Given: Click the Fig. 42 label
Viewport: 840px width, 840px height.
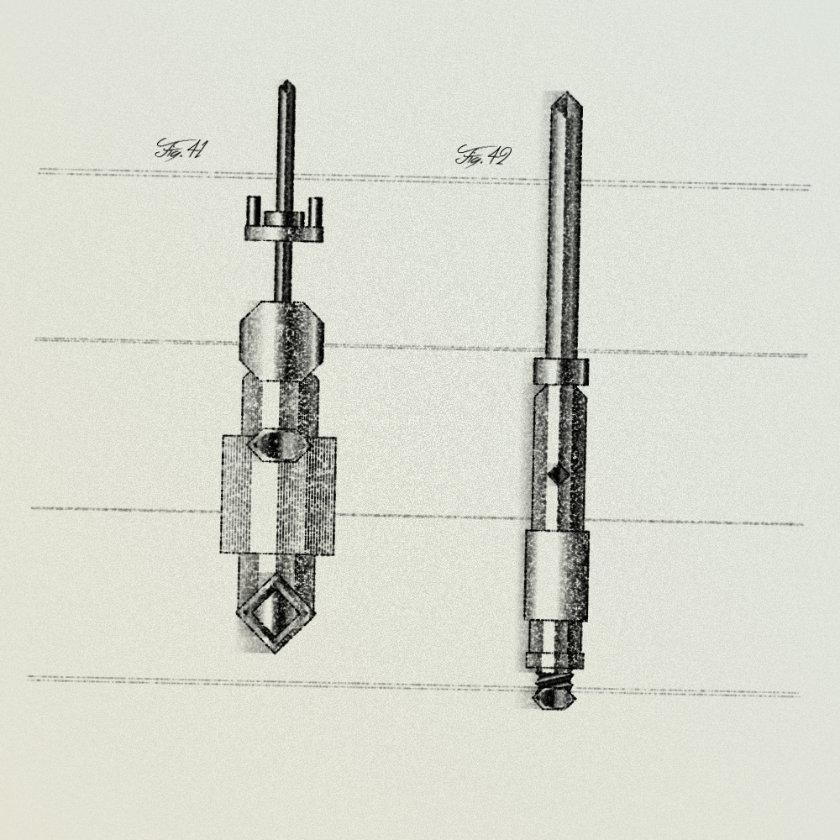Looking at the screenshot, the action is coord(483,156).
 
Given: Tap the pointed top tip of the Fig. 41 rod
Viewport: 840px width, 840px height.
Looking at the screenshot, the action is coord(286,81).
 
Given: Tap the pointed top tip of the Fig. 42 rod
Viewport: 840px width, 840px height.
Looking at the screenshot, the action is coord(565,94).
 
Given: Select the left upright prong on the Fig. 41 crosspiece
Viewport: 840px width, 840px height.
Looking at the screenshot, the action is coord(254,212).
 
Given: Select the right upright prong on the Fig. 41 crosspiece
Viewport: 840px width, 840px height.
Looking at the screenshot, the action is coord(316,213).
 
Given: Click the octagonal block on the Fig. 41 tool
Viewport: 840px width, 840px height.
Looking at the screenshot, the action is coord(281,341).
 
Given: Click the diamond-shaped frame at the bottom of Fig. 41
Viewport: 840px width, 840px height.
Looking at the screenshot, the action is coord(276,612).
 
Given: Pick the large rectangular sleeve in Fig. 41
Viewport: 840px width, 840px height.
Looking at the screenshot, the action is coord(279,495).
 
